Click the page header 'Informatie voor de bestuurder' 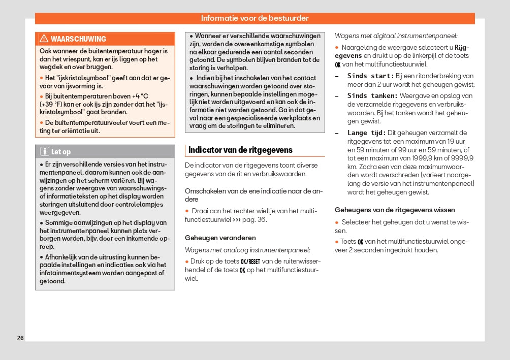point(254,18)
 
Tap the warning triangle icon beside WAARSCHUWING point(44,39)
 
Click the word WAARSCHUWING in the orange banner point(78,39)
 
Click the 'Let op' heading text point(61,152)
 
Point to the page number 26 point(20,338)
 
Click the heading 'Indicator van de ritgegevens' point(240,150)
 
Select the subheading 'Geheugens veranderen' point(220,238)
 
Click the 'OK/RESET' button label point(250,261)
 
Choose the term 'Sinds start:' point(370,76)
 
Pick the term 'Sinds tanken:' point(372,95)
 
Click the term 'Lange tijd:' point(366,133)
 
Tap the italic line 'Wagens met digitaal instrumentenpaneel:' point(396,36)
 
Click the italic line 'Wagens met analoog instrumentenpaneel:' point(247,250)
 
